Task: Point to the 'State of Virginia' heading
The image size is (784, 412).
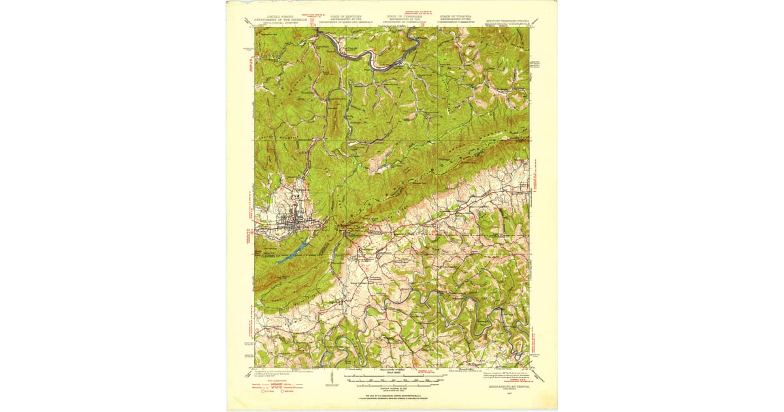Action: coord(457,19)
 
